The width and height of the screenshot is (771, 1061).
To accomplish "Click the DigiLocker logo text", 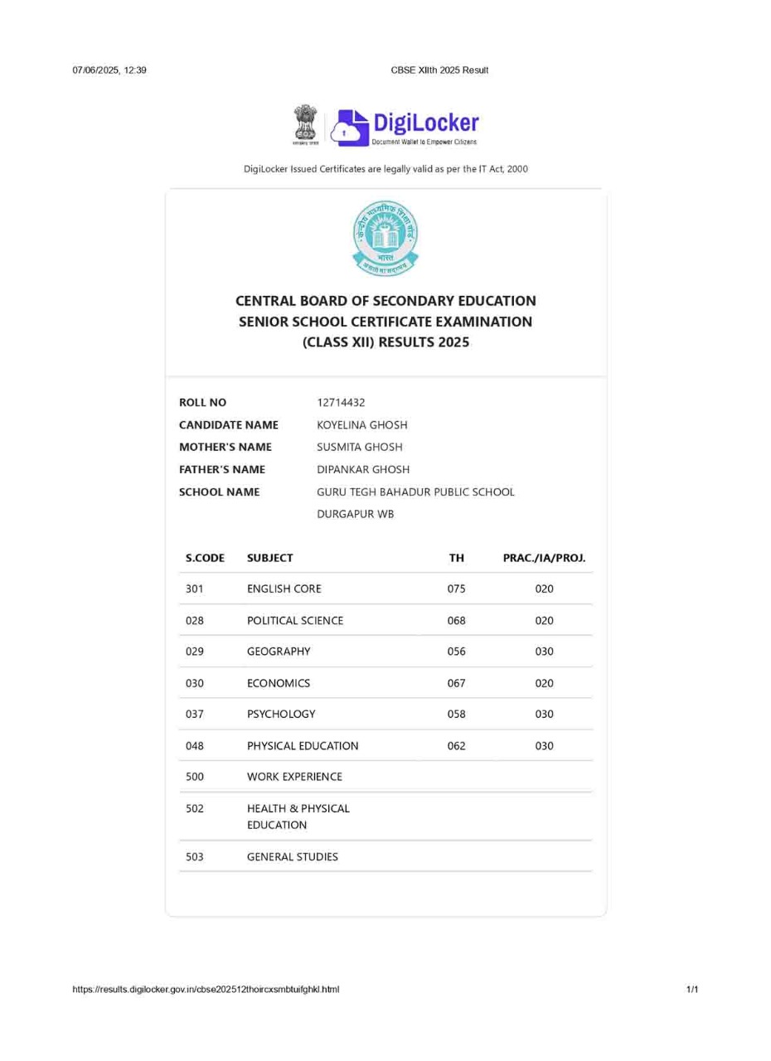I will [425, 124].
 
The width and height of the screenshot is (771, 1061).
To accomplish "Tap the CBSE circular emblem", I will [385, 238].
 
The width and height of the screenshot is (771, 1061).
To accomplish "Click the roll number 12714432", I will [341, 403].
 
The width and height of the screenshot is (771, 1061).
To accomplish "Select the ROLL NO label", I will [202, 403].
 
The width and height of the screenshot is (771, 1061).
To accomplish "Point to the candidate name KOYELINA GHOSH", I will [362, 425].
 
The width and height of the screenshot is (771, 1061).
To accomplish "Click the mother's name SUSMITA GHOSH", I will [360, 448].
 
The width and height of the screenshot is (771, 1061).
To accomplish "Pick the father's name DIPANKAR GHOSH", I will [363, 470].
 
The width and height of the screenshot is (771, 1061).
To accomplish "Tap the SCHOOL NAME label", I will [219, 492].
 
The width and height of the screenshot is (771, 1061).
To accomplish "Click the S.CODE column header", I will [205, 559].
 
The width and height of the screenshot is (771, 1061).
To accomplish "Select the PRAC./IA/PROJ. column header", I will [544, 559].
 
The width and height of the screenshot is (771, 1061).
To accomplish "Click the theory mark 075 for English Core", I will [456, 589].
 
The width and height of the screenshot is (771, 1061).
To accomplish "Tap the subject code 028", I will [195, 621].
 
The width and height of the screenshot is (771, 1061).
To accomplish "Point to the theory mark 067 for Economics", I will [456, 684].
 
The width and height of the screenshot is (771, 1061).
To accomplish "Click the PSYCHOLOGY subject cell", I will [281, 715].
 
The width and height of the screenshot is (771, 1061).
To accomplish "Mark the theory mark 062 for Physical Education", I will [456, 746].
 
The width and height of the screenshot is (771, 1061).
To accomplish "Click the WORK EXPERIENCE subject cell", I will [294, 778].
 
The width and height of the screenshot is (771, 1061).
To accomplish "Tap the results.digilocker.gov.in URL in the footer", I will [206, 990].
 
